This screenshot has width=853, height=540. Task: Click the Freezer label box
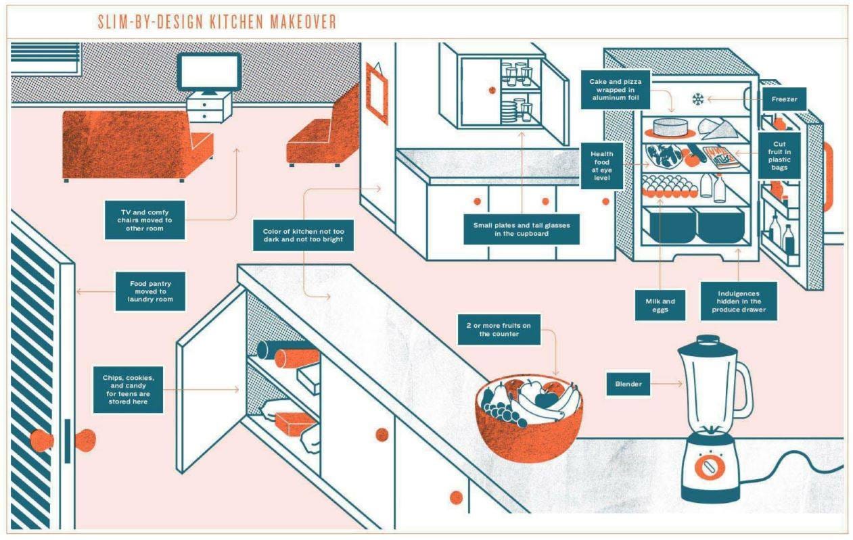click(x=784, y=99)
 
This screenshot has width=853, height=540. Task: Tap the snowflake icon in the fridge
click(x=697, y=99)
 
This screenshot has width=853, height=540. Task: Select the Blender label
click(x=628, y=384)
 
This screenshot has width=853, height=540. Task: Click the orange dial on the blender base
click(x=708, y=466)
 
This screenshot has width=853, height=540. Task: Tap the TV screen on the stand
click(x=208, y=72)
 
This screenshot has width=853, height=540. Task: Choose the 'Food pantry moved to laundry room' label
click(x=151, y=291)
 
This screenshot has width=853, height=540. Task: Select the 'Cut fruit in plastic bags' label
click(x=779, y=155)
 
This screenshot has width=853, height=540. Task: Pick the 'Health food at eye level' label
click(x=601, y=166)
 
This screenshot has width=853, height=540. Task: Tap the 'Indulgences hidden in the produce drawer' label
click(x=737, y=301)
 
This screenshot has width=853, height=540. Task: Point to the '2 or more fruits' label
click(x=499, y=330)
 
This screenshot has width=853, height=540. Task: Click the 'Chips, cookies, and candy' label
click(x=129, y=389)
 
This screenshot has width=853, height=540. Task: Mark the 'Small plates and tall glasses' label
click(x=521, y=229)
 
